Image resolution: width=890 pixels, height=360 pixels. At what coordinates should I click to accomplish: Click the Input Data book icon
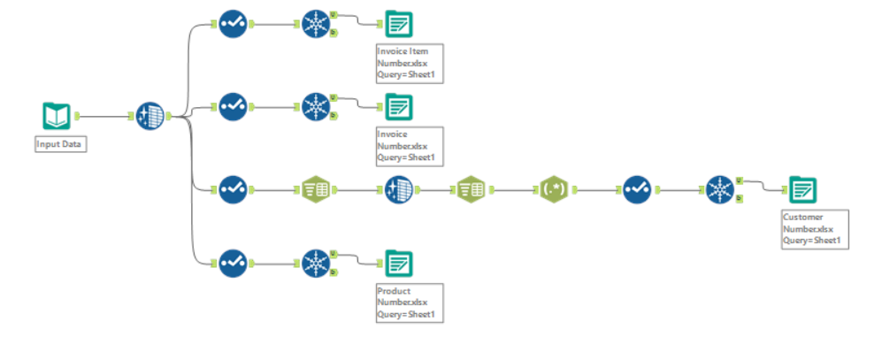[x=57, y=115]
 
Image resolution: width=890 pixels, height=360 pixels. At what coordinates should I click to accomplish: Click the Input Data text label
[x=61, y=144]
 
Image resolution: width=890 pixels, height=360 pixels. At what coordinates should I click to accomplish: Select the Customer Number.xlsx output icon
[x=803, y=189]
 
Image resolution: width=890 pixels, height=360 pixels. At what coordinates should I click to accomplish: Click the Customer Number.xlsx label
[x=815, y=229]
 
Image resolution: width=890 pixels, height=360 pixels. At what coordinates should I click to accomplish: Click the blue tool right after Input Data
[x=150, y=115]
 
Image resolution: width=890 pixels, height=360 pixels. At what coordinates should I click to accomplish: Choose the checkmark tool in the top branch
[x=233, y=24]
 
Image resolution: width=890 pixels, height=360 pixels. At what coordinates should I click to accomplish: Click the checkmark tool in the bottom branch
[x=233, y=262]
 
